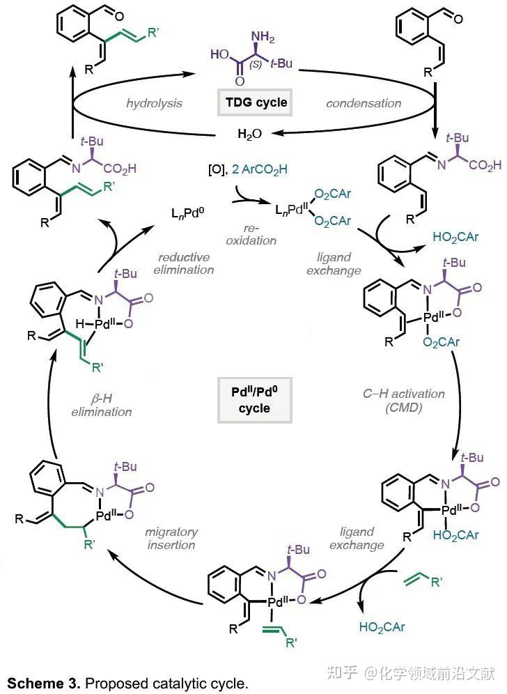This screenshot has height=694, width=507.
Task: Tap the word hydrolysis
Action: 154,103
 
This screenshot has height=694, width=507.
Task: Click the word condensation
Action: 364,103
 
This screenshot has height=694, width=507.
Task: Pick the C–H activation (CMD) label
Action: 395,400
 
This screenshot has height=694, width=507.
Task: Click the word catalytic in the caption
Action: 185,682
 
